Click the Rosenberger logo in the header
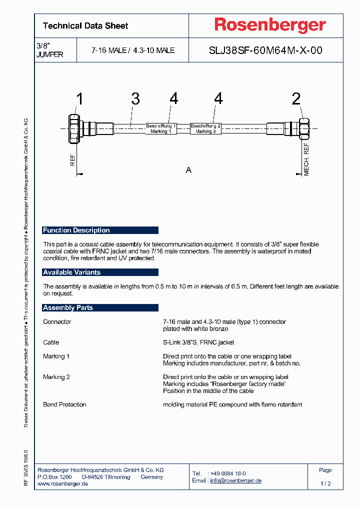coord(270,25)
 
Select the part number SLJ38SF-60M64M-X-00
coord(265,50)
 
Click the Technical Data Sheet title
coord(85,25)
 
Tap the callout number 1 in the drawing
coord(79,99)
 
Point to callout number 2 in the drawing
coord(296,99)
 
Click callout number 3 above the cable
coord(135,99)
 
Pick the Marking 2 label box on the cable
coord(205,128)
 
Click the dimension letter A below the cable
coord(188,170)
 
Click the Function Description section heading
coord(76,230)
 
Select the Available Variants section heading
coord(72,272)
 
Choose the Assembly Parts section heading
coord(68,308)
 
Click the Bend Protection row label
coord(64,404)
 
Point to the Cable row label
coord(51,342)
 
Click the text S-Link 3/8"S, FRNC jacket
coord(198,342)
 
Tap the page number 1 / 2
coord(325,484)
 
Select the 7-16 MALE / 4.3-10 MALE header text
coord(132,50)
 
